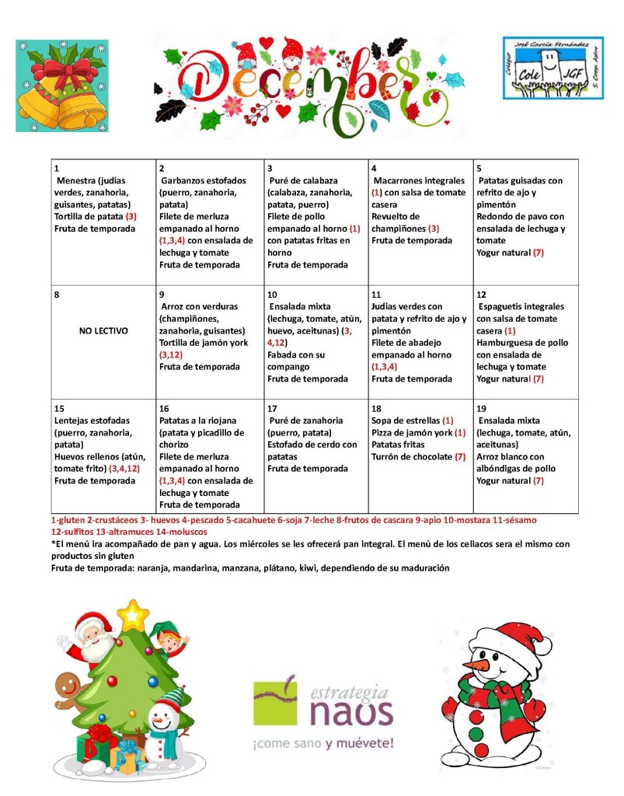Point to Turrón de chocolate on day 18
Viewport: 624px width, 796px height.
pos(411,456)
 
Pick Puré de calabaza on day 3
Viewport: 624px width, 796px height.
pos(304,180)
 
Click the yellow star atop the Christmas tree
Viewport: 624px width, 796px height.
pos(134,617)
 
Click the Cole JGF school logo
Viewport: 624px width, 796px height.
pos(543,68)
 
